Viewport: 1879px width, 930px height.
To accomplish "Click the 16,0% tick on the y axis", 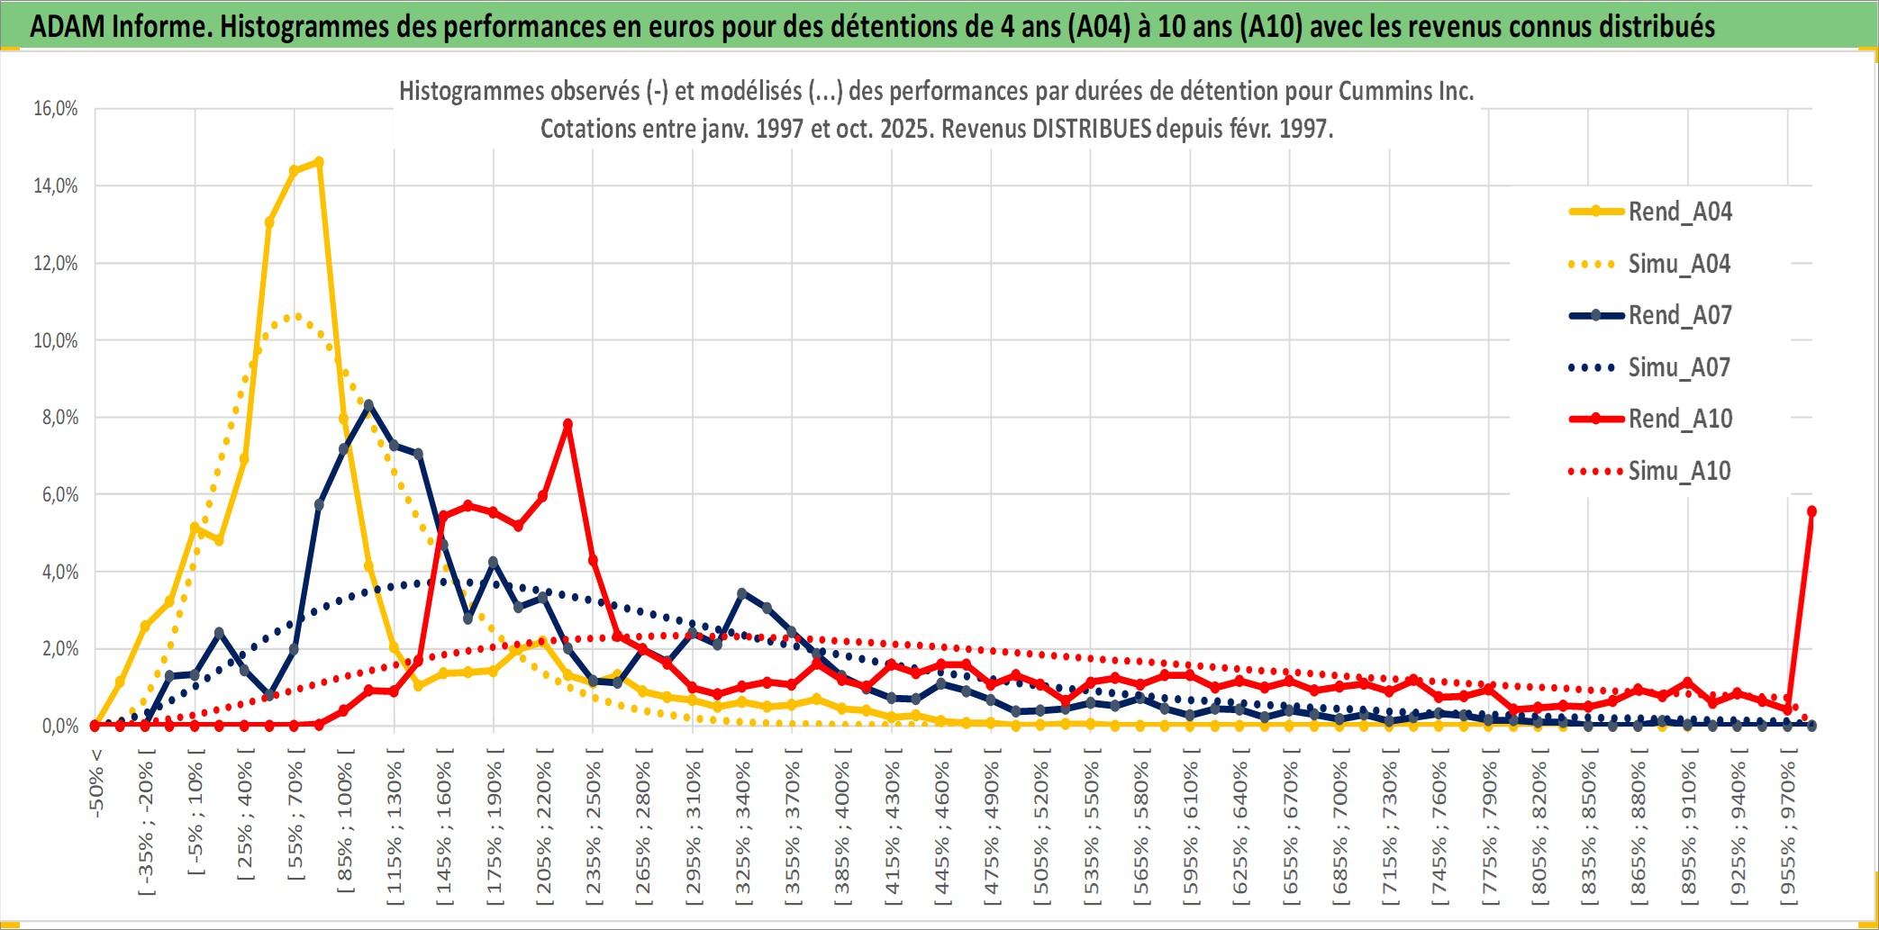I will tap(56, 109).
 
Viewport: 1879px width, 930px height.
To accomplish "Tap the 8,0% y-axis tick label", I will tap(59, 418).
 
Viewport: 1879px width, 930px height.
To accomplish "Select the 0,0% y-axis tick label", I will tap(59, 726).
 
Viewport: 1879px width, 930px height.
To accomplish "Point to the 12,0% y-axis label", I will tap(56, 264).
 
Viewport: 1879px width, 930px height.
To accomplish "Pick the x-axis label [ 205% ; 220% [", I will tap(543, 828).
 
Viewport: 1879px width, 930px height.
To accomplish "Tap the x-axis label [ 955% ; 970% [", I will tap(1788, 828).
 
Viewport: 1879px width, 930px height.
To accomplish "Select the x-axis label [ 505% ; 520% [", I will tap(1041, 828).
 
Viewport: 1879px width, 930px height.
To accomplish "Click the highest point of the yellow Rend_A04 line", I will tap(318, 162).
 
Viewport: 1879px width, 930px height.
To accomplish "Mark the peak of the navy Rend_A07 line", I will tap(368, 405).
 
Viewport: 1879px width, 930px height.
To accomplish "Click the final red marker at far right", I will tap(1811, 511).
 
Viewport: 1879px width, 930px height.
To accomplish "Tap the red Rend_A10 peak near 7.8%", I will tap(567, 424).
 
